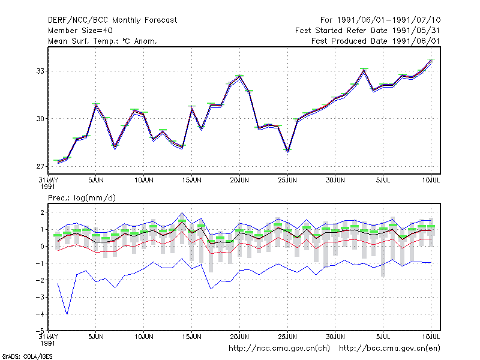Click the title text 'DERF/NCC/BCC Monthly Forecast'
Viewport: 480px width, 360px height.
(x=112, y=20)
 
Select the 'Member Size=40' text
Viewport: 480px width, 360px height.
(x=80, y=31)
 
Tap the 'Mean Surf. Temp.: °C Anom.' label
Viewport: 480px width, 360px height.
(x=103, y=41)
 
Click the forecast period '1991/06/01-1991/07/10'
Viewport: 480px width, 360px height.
(x=389, y=20)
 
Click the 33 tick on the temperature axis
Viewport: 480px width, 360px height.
(x=40, y=71)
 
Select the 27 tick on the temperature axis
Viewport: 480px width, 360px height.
(x=40, y=166)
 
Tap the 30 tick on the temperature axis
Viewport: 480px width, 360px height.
(x=40, y=119)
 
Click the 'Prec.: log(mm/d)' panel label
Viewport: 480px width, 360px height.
(x=82, y=198)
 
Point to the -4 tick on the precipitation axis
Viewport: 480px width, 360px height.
(x=40, y=314)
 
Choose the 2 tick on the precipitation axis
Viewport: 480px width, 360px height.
(x=43, y=212)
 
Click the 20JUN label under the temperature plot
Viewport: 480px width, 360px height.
(x=239, y=180)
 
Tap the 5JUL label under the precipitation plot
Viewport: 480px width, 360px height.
(x=383, y=337)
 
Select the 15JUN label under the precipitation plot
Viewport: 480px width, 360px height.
(x=191, y=337)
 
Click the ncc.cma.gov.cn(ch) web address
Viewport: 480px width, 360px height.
(x=279, y=349)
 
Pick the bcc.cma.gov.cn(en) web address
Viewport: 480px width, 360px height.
(x=389, y=349)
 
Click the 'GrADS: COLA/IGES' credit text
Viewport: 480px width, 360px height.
(x=27, y=356)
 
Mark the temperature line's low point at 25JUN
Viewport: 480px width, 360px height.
(x=288, y=151)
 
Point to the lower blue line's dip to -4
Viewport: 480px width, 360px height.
(x=67, y=314)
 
